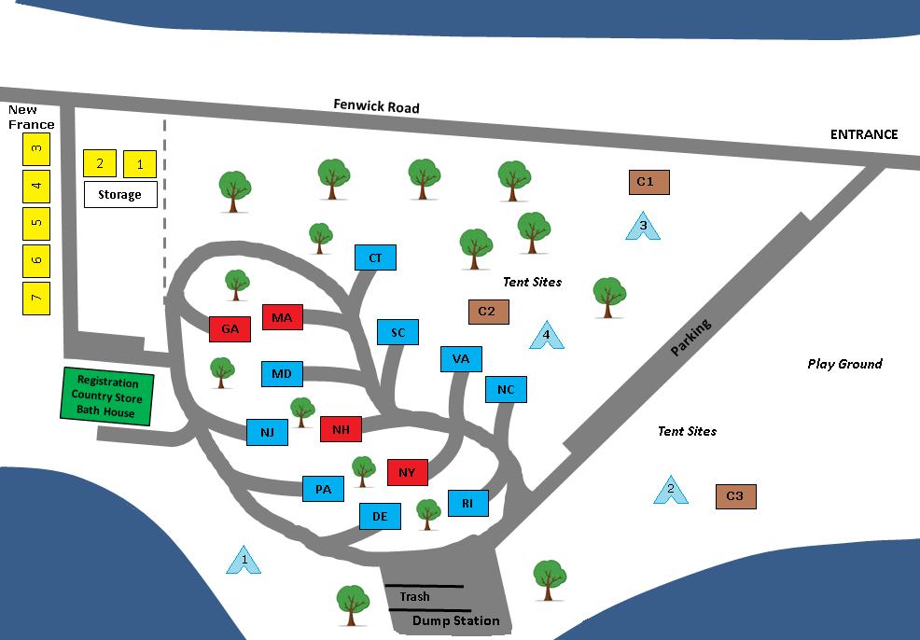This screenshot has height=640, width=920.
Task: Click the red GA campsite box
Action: click(230, 328)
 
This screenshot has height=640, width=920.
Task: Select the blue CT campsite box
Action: click(375, 257)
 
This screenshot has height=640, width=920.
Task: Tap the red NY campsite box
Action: click(407, 472)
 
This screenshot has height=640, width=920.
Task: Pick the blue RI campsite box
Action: click(467, 504)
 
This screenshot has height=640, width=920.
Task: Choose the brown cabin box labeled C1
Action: click(648, 181)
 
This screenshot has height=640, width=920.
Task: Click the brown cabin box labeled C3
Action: click(735, 496)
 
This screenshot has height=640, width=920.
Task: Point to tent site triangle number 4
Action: click(547, 335)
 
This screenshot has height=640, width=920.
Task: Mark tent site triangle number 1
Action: click(244, 560)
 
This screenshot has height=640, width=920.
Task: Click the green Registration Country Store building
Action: click(106, 397)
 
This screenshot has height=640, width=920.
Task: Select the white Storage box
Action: click(120, 194)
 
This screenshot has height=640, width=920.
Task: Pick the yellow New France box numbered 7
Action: click(36, 298)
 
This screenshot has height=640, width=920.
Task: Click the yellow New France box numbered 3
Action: click(36, 147)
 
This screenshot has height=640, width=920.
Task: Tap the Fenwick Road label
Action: click(376, 106)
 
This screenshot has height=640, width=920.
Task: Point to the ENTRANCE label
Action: click(864, 134)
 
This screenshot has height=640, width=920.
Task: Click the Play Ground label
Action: click(844, 364)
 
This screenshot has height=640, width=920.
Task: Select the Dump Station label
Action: click(456, 620)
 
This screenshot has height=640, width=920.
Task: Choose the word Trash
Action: click(414, 596)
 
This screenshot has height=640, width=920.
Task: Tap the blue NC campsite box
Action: click(506, 389)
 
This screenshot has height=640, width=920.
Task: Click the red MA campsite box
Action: click(283, 318)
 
